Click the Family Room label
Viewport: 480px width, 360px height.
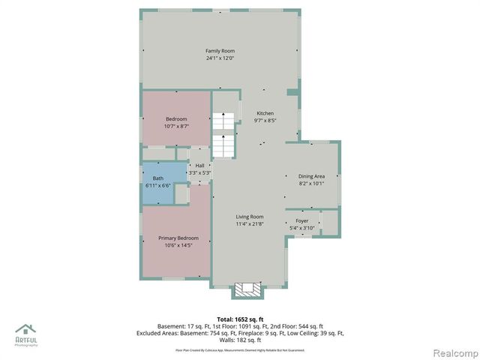pos(220,51)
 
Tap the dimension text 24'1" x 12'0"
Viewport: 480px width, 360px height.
pos(220,58)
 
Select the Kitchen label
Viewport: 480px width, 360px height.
pos(265,113)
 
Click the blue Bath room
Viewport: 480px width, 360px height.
pos(157,182)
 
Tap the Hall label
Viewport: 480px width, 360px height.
pos(199,166)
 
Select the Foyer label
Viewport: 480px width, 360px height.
pos(302,221)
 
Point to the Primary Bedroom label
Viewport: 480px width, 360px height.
pos(177,238)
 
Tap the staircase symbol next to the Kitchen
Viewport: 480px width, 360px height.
pos(222,135)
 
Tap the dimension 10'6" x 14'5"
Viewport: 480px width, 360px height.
pos(177,244)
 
